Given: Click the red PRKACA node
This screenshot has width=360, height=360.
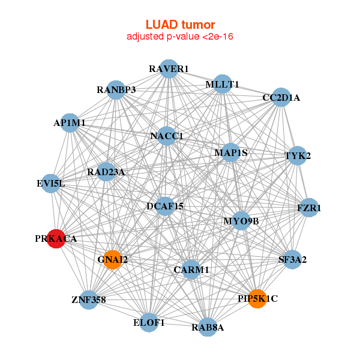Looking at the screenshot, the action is pyautogui.click(x=56, y=238).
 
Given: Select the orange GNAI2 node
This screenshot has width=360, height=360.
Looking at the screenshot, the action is pyautogui.click(x=112, y=260).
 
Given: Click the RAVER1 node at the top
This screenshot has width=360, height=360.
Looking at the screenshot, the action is pyautogui.click(x=169, y=69).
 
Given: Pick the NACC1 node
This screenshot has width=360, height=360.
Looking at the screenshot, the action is pyautogui.click(x=167, y=136).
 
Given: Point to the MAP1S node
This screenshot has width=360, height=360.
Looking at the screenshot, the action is pyautogui.click(x=231, y=152).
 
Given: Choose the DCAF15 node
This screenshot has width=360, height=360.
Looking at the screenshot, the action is pyautogui.click(x=165, y=206).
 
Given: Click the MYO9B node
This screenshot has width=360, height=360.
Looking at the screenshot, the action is pyautogui.click(x=241, y=221).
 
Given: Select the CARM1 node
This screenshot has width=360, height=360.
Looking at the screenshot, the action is pyautogui.click(x=191, y=270).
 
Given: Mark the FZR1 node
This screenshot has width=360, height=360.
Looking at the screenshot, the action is pyautogui.click(x=309, y=208).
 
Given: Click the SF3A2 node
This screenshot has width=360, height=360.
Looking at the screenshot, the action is pyautogui.click(x=292, y=260).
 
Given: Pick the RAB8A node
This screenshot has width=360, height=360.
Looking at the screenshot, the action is pyautogui.click(x=208, y=327).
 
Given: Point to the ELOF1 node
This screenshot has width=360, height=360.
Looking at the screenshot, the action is pyautogui.click(x=149, y=322).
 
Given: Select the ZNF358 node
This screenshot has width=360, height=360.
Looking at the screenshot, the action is pyautogui.click(x=88, y=299).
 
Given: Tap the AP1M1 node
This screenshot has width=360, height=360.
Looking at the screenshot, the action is pyautogui.click(x=70, y=123).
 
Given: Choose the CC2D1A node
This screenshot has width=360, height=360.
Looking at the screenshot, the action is pyautogui.click(x=281, y=97).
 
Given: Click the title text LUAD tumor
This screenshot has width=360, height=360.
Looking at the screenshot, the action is pyautogui.click(x=180, y=25).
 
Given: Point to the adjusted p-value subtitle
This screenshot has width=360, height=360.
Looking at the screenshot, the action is pyautogui.click(x=180, y=37).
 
